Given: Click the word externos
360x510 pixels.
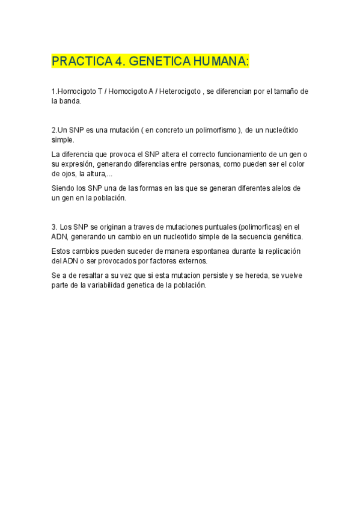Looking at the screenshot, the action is (189, 260).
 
